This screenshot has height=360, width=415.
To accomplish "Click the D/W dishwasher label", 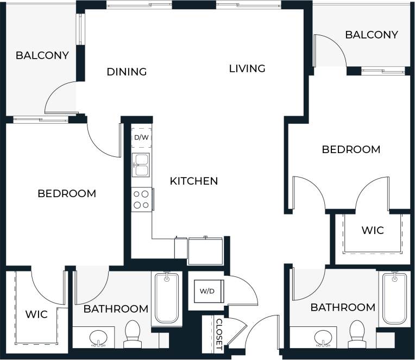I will point(141,137).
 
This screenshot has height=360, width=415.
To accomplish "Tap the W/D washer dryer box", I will point(207,291).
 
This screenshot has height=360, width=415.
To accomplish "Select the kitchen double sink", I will point(141,166).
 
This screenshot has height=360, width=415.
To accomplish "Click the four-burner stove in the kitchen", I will point(142,199).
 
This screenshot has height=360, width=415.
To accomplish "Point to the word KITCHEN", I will point(194,181).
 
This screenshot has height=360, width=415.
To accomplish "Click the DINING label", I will point(127,72).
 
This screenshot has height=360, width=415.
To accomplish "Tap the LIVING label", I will point(247,68).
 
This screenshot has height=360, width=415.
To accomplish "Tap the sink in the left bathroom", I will point(98,337).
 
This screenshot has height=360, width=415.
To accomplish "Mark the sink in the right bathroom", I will point(324,337).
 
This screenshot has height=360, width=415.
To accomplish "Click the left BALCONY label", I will point(42,55).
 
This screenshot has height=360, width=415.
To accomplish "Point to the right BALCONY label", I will point(372,35).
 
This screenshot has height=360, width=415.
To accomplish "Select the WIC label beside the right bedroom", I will point(373,230).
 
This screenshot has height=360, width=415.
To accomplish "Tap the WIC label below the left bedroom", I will point(36,314).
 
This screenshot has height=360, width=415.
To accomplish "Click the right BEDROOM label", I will point(351,149).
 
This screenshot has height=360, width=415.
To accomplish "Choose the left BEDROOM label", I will point(67,193).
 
